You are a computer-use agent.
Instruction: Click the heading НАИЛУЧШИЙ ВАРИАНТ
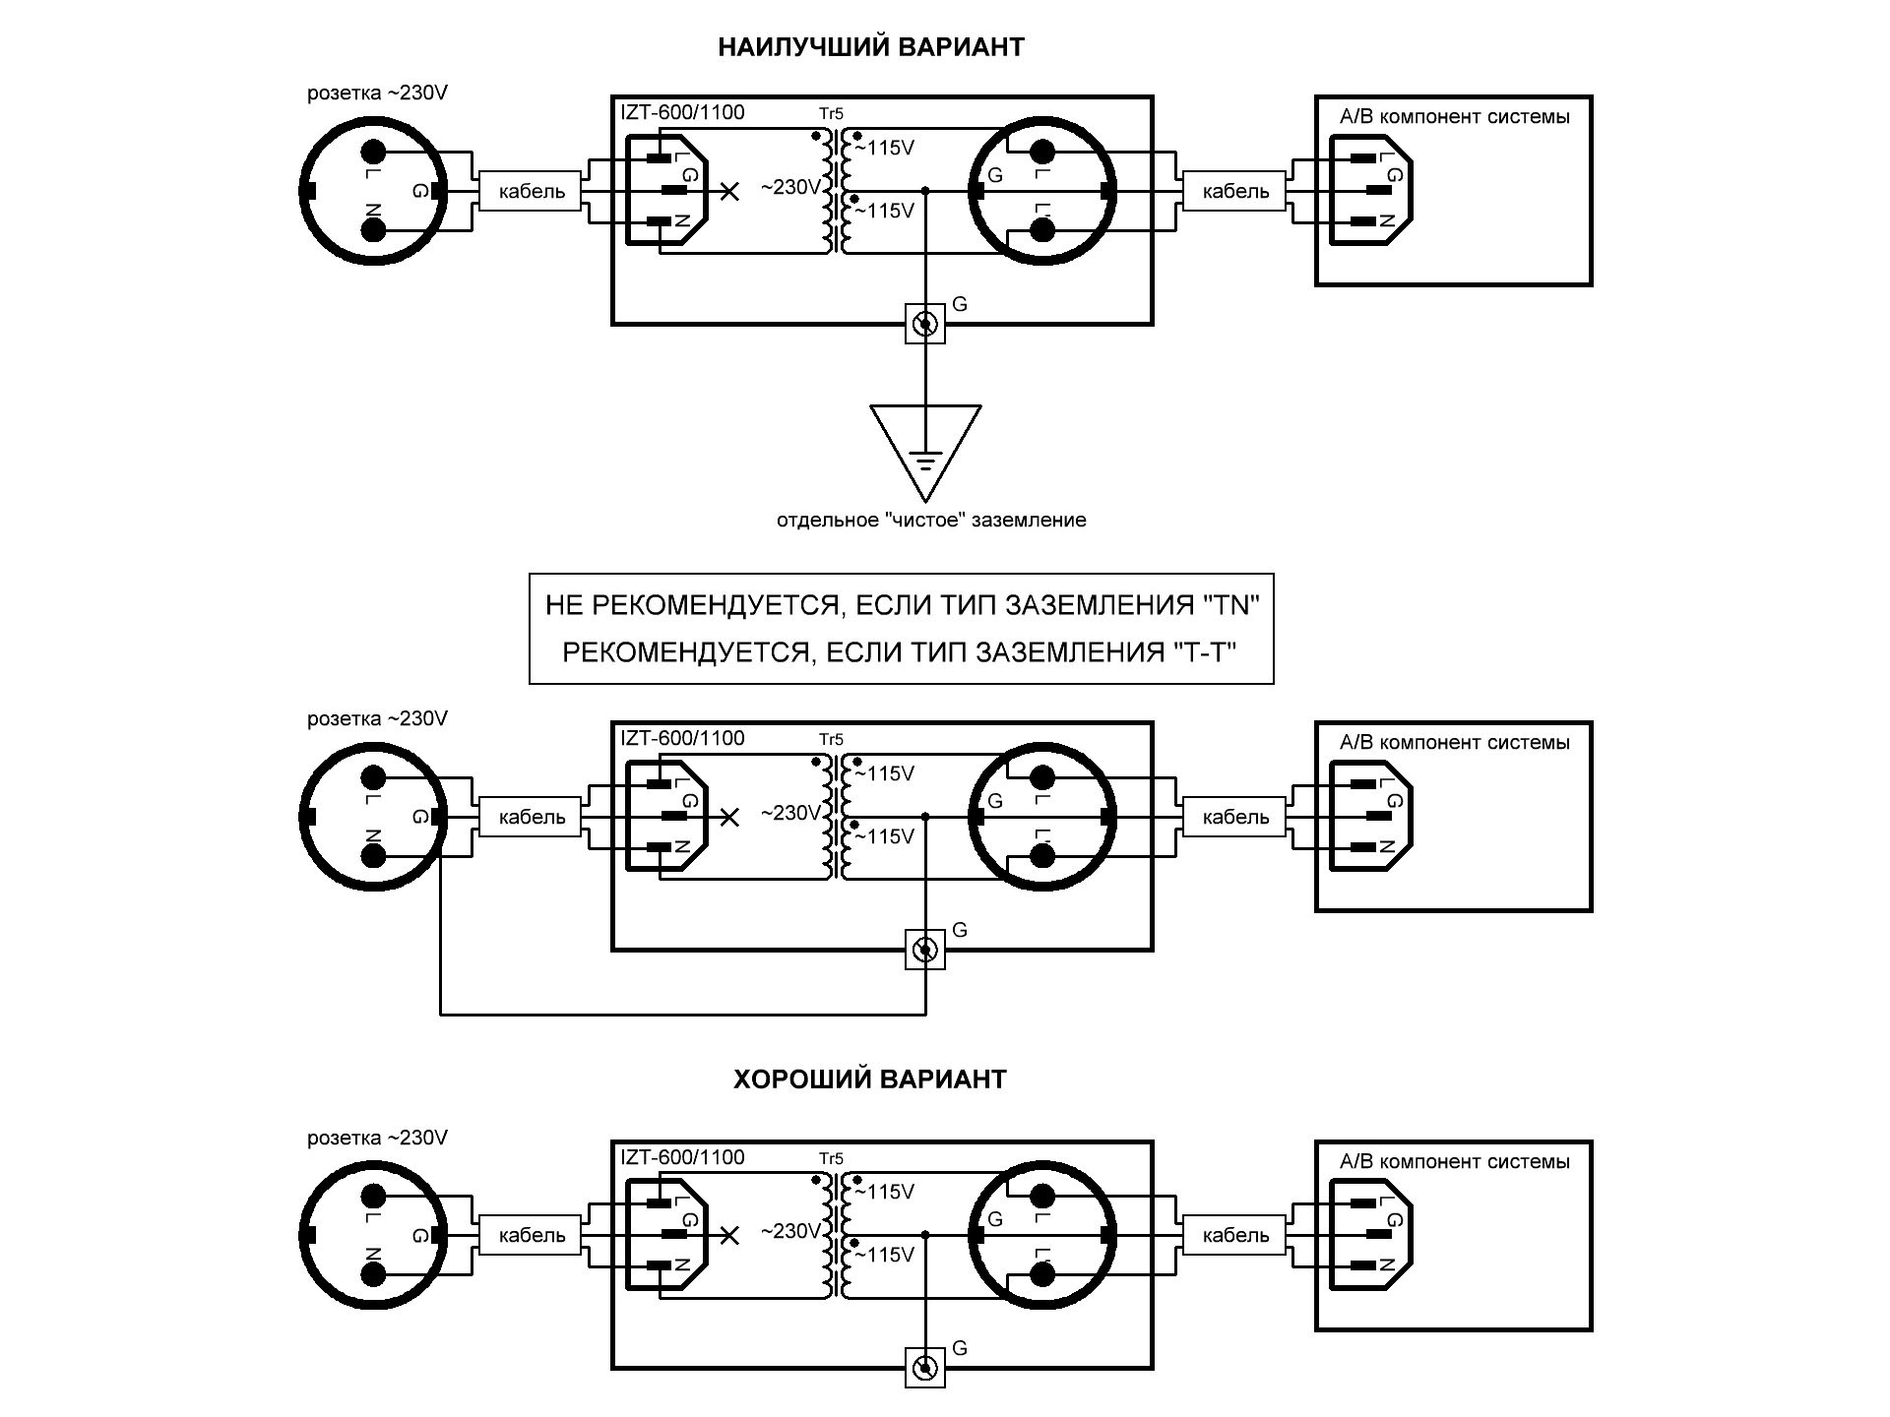tap(870, 47)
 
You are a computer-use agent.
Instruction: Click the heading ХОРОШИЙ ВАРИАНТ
tap(870, 1079)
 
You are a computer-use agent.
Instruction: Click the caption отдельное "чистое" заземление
tap(931, 521)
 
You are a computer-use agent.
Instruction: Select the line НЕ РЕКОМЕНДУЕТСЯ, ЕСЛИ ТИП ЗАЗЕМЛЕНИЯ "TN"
tap(902, 605)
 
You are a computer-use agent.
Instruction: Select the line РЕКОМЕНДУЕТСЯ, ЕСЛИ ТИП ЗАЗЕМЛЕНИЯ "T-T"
tap(900, 652)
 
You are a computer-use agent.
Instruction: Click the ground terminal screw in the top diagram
tap(925, 324)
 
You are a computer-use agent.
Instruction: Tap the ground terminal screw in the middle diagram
tap(925, 950)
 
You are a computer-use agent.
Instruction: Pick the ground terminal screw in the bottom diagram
tap(925, 1369)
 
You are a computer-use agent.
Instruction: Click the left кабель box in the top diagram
tap(532, 191)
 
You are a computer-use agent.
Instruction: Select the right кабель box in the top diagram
tap(1235, 191)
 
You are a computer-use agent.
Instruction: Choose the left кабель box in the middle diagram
tap(532, 817)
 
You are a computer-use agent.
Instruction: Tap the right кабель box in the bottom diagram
tap(1235, 1236)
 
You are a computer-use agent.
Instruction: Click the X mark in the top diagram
tap(729, 191)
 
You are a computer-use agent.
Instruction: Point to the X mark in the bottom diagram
tap(729, 1236)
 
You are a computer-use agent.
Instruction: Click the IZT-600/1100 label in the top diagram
tap(682, 113)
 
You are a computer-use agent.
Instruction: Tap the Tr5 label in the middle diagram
tap(831, 739)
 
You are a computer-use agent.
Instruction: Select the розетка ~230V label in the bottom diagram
tap(377, 1138)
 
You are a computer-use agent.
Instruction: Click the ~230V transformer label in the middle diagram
tap(789, 814)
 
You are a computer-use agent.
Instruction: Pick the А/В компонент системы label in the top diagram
tap(1454, 117)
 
